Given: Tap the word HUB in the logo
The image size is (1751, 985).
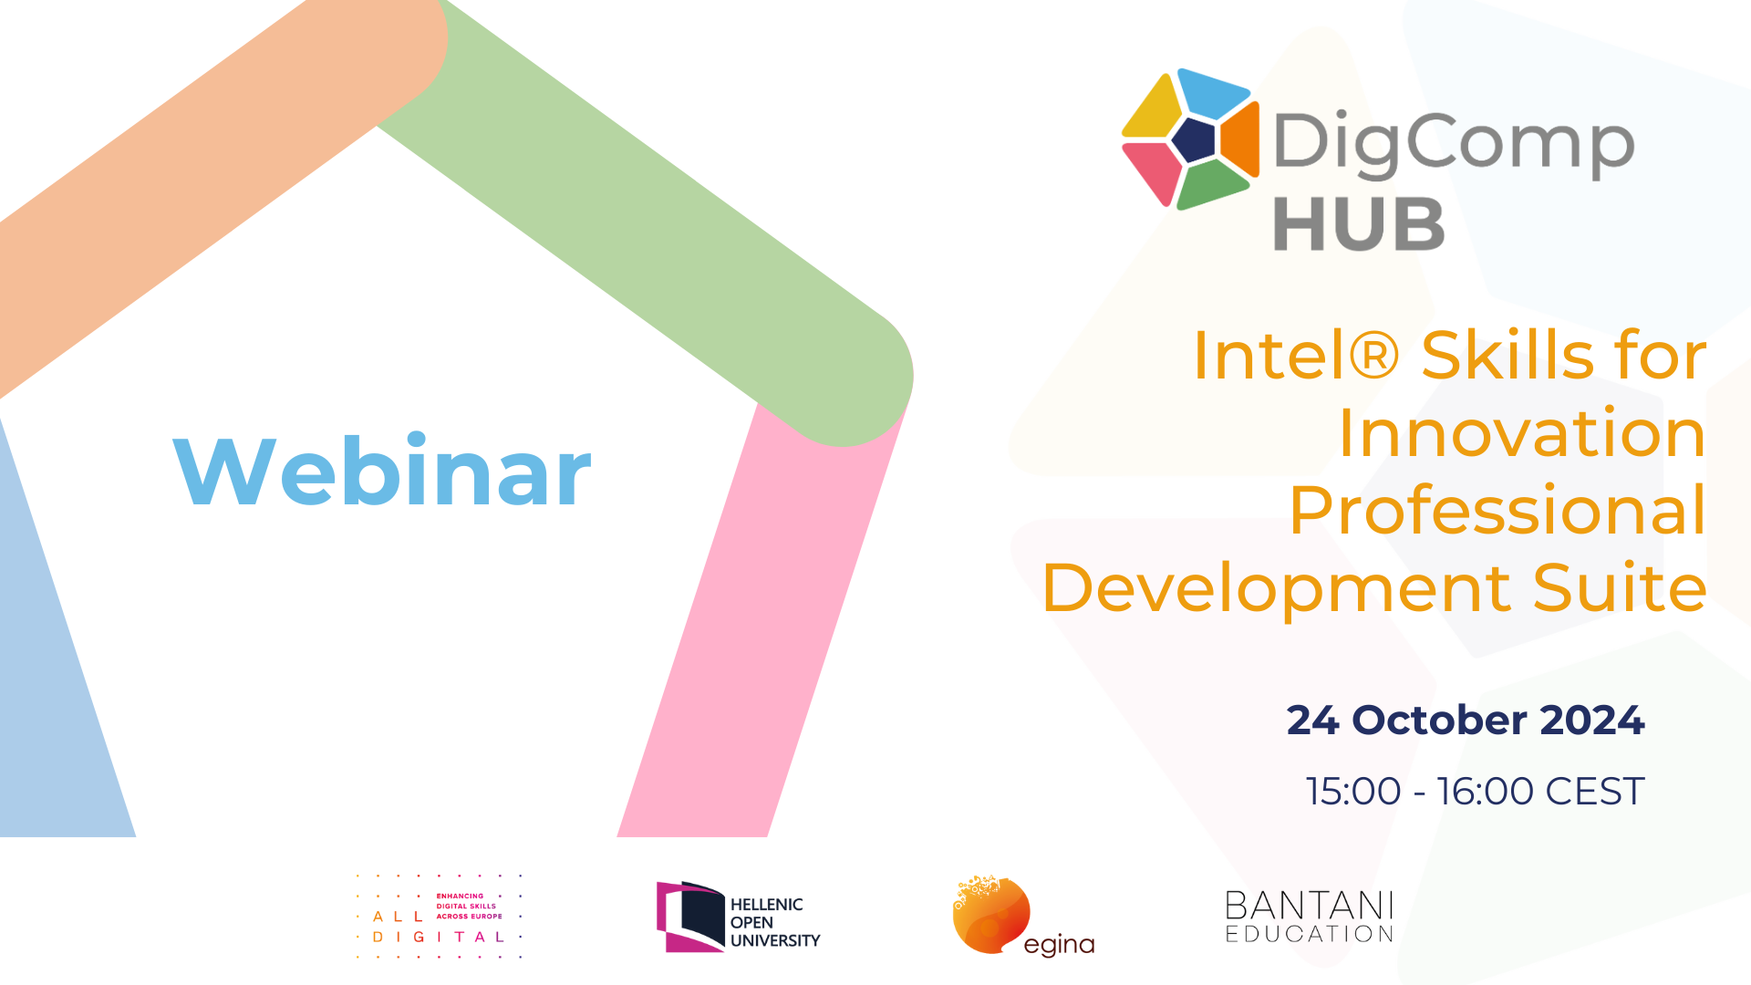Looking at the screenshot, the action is point(1359,224).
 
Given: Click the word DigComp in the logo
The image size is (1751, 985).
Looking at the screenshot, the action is point(1454,143).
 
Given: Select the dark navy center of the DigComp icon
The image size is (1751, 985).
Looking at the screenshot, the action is point(1194,140).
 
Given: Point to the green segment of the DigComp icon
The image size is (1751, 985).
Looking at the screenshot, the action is point(1211,184).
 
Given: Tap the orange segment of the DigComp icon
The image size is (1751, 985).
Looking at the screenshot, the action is point(1241,139).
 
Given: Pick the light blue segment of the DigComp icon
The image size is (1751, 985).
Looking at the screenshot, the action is point(1212,91).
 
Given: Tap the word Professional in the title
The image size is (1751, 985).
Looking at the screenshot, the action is point(1497,510).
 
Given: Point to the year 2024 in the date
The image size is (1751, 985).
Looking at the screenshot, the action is point(1592,721).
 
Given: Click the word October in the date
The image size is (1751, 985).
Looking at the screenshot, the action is point(1439,721).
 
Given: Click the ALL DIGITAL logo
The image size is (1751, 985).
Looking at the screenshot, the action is point(439,917).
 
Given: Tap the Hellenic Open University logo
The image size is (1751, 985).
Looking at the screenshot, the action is point(739,918).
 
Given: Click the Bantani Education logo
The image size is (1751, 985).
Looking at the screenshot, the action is point(1310,917).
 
